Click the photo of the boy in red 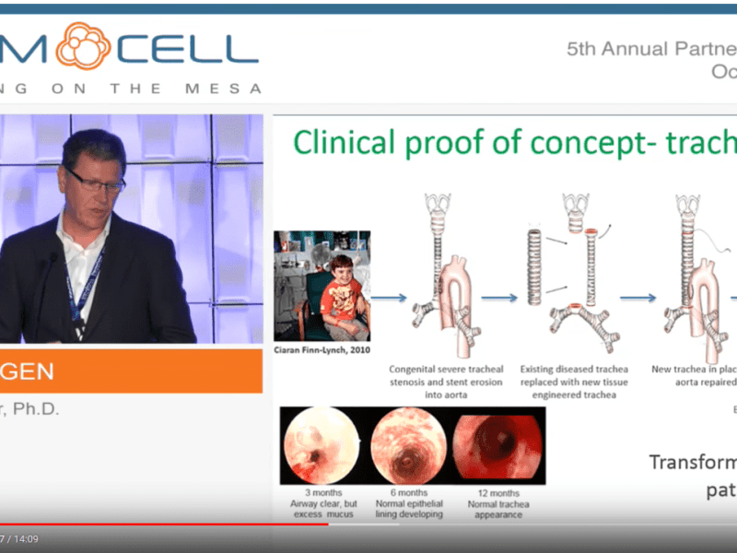(x=322, y=286)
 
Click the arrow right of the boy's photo (x=391, y=298)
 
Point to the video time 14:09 (x=24, y=539)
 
